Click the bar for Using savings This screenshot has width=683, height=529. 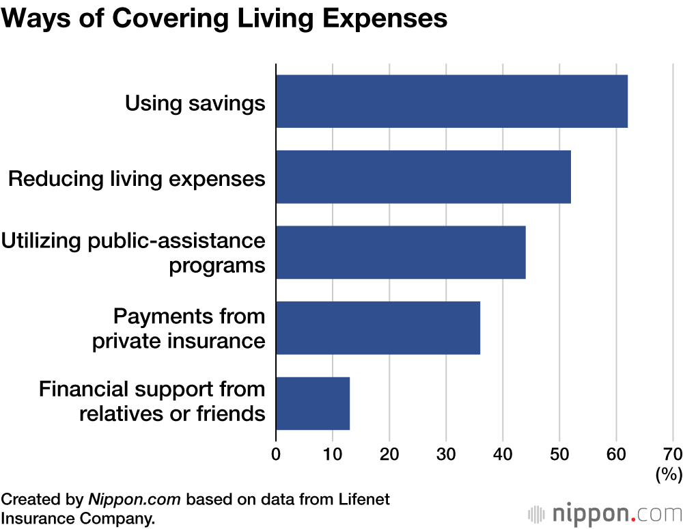pyautogui.click(x=451, y=102)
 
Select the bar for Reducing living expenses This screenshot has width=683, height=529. pyautogui.click(x=423, y=177)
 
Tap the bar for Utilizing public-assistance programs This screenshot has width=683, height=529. pyautogui.click(x=401, y=252)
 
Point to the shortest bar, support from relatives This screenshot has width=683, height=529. pyautogui.click(x=313, y=403)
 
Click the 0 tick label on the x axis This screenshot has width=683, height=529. pyautogui.click(x=276, y=455)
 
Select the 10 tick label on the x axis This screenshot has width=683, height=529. pyautogui.click(x=333, y=455)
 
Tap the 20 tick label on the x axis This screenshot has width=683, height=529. pyautogui.click(x=389, y=455)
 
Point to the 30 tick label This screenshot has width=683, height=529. pyautogui.click(x=446, y=455)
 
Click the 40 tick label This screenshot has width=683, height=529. pyautogui.click(x=503, y=455)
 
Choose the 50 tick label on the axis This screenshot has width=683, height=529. pyautogui.click(x=559, y=455)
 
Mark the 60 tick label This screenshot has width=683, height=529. pyautogui.click(x=616, y=455)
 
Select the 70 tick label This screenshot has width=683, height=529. pyautogui.click(x=672, y=455)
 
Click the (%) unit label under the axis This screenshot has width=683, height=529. pyautogui.click(x=668, y=474)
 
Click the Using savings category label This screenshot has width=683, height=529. pyautogui.click(x=195, y=103)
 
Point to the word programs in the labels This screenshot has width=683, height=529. pyautogui.click(x=217, y=265)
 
